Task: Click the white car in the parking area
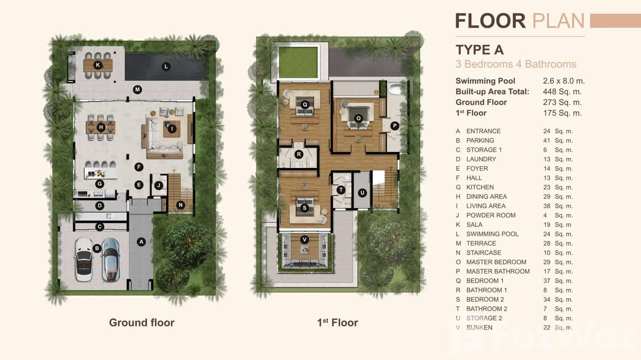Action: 84,259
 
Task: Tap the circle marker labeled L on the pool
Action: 166,66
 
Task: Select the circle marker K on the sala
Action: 98,64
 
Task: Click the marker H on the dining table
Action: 101,127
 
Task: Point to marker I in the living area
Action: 171,128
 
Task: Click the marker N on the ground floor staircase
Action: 180,205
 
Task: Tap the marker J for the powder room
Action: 159,185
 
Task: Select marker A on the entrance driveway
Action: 141,242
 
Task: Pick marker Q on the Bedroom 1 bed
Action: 305,104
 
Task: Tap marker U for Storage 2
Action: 362,193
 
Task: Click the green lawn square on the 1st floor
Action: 298,62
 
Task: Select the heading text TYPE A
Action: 480,50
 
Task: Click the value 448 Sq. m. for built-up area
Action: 562,92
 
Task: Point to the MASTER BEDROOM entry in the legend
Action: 496,262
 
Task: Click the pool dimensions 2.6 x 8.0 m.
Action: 564,81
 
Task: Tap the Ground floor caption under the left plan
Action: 141,323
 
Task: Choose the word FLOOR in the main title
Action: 490,21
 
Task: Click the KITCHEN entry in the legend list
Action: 480,187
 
